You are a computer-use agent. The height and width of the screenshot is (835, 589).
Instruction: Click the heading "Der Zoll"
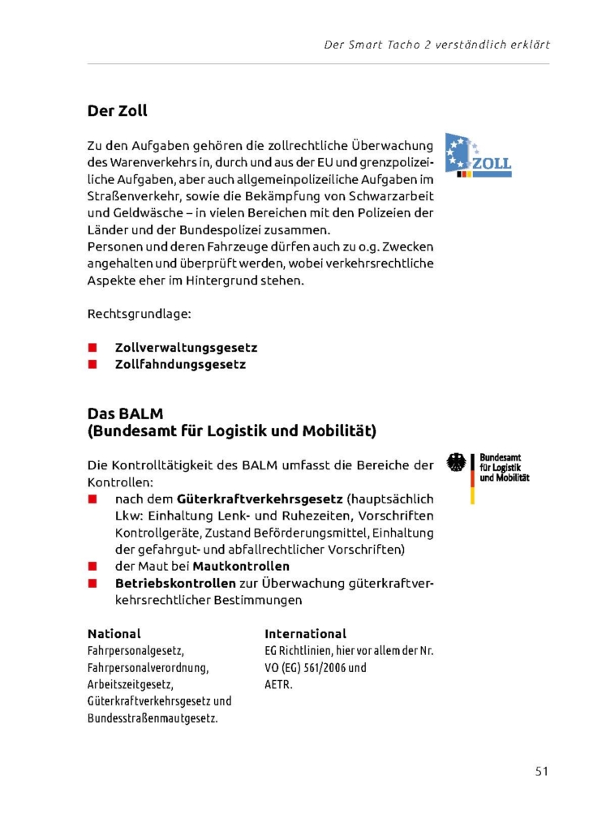tap(117, 110)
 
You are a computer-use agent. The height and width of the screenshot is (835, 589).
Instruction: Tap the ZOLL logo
tap(478, 156)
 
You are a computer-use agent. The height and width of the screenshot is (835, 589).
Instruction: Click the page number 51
tap(541, 771)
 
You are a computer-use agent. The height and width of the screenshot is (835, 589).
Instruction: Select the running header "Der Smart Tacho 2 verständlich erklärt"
tap(436, 45)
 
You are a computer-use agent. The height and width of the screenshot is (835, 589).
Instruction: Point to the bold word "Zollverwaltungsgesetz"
tap(186, 348)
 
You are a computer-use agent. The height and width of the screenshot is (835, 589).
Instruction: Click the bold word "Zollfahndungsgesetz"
tap(180, 365)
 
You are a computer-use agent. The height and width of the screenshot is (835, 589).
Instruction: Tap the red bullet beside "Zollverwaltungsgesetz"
tap(92, 348)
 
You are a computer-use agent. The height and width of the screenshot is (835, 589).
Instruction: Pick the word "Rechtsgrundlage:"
tap(139, 313)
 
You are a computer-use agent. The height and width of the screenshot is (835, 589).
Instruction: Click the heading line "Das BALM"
tap(125, 413)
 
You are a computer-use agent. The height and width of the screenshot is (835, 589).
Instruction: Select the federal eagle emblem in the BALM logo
tap(457, 463)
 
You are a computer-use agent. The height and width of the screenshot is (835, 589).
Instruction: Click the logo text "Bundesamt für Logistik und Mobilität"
tap(504, 468)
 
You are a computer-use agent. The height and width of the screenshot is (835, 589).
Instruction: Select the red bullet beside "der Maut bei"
tap(92, 566)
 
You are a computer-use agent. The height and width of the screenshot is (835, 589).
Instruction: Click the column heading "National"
tap(114, 634)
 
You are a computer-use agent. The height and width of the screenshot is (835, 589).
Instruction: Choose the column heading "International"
tap(305, 634)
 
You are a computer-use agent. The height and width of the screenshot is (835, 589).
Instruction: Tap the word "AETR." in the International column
tap(278, 684)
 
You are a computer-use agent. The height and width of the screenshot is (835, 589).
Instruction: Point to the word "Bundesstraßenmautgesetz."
tap(153, 719)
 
